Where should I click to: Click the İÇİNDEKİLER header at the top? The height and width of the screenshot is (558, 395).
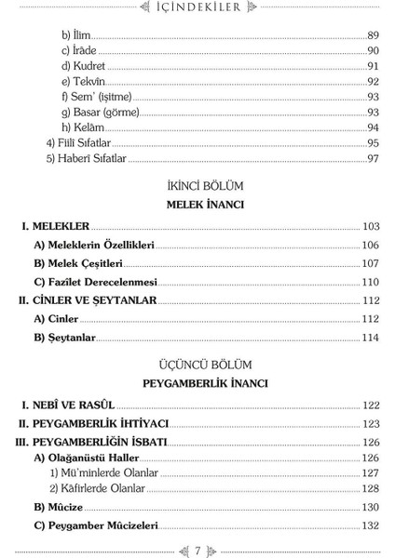(197, 9)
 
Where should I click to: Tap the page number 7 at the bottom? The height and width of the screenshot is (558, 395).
(197, 549)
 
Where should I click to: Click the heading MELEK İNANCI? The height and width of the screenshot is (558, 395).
(197, 204)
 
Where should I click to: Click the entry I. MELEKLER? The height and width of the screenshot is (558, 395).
(56, 226)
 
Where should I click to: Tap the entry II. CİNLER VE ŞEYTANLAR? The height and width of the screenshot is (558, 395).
(88, 300)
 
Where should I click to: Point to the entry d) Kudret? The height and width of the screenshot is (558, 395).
(83, 67)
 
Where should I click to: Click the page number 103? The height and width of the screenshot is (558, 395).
(371, 226)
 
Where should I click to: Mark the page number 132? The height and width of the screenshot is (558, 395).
(371, 525)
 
